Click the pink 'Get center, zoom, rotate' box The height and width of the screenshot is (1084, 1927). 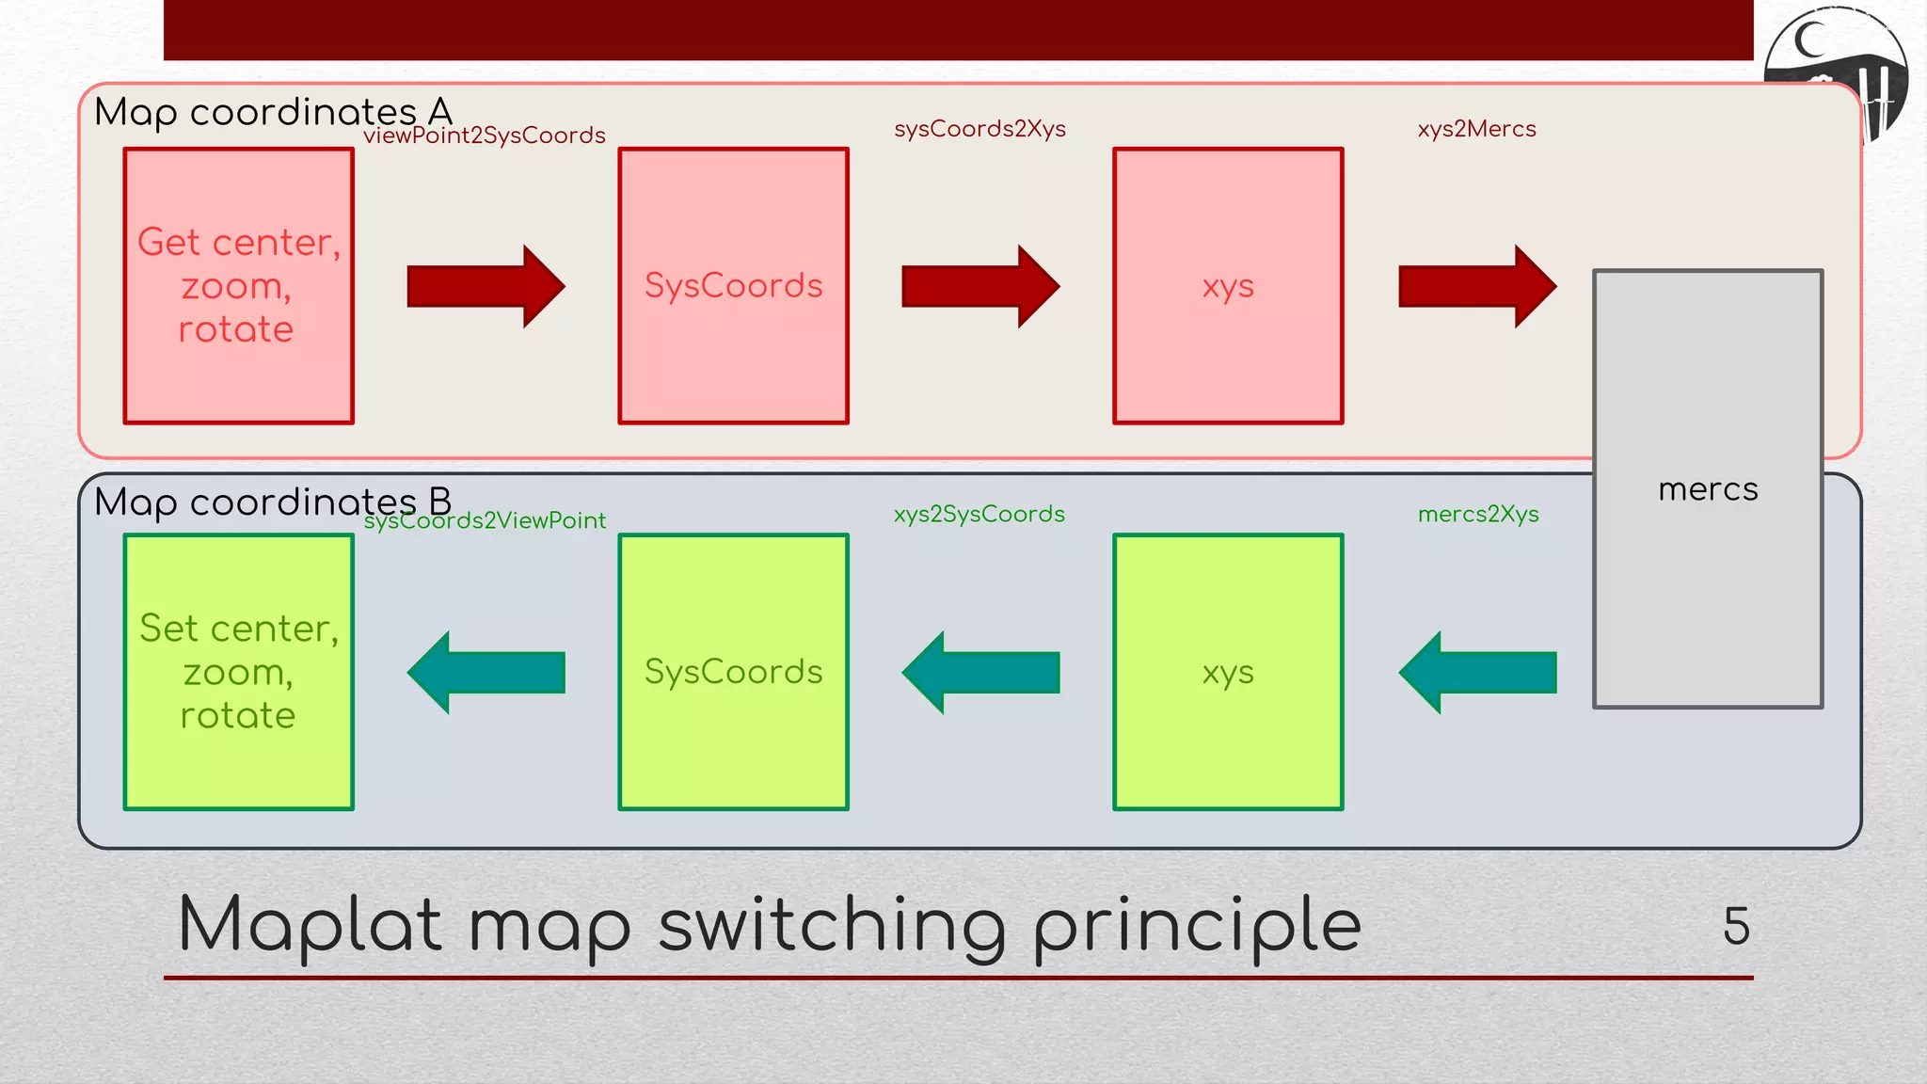tap(239, 286)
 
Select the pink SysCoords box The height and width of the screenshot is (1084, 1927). tap(733, 286)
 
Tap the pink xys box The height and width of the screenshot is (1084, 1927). tap(1228, 286)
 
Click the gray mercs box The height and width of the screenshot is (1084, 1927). tap(1708, 488)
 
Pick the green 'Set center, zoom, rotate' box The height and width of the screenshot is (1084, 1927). tap(239, 672)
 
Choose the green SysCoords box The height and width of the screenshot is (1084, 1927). tap(733, 672)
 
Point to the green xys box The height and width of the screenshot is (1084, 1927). tap(1228, 672)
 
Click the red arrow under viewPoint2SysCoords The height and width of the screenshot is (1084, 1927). tap(486, 286)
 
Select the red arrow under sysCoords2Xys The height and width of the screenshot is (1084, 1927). tap(980, 286)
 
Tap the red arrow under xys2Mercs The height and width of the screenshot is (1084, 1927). tap(1477, 286)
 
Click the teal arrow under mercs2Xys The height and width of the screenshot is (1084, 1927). tap(1477, 672)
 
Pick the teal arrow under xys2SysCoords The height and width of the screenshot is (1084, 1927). tap(980, 672)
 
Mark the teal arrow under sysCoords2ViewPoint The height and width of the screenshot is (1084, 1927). tap(486, 672)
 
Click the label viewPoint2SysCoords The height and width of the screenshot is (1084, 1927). tap(485, 135)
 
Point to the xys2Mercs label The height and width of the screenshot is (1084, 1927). tap(1476, 129)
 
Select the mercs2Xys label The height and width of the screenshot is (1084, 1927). tap(1478, 514)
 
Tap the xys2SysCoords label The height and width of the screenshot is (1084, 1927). tap(979, 514)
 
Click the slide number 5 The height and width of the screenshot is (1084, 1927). tap(1736, 926)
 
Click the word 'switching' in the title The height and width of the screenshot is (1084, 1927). tap(833, 926)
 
